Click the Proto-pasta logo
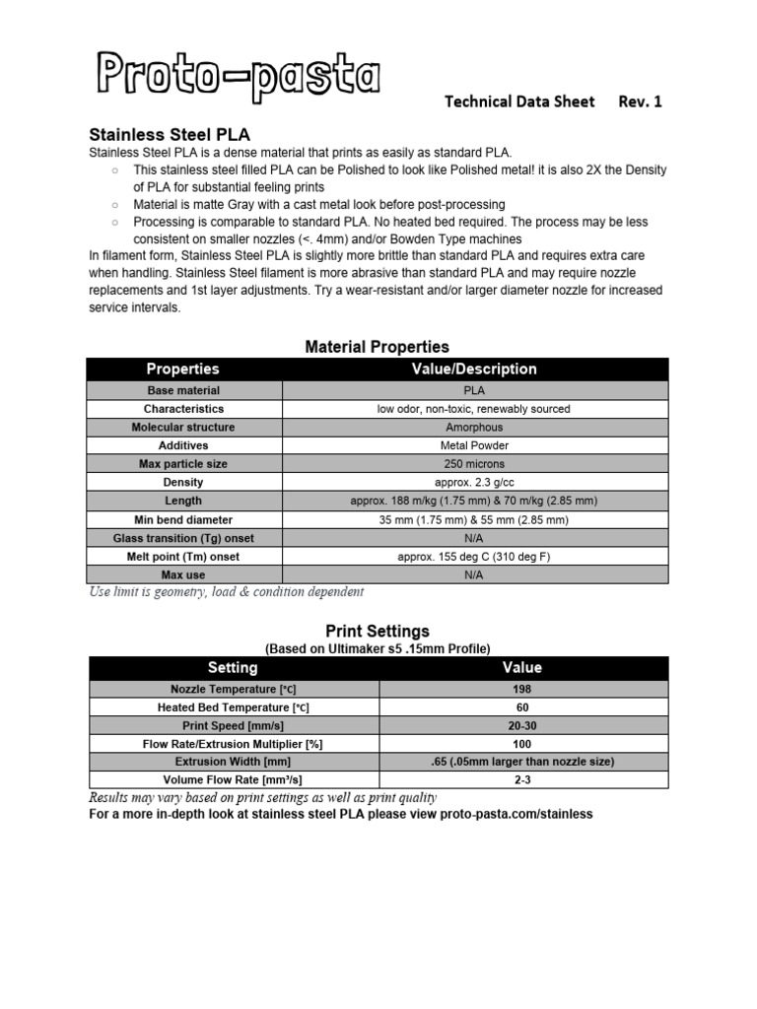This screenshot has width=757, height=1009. tap(238, 78)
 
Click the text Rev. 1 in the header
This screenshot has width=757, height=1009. tap(640, 101)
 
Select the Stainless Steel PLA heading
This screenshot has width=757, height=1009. tap(170, 134)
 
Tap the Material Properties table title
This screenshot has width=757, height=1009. tap(377, 347)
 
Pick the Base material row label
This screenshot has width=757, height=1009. tap(183, 390)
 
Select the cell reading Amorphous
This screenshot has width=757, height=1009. tap(473, 428)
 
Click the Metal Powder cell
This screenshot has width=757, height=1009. tap(473, 445)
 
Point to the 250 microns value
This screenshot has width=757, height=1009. tap(473, 464)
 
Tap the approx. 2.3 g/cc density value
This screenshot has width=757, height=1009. tap(473, 483)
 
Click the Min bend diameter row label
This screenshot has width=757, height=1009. tap(183, 519)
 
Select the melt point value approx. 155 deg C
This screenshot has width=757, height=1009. tap(473, 557)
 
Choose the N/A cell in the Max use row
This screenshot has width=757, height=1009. tap(473, 574)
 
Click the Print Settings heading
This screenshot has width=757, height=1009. tap(377, 631)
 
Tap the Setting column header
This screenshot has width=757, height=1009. tap(233, 668)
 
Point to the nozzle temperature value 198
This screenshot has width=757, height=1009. tap(521, 689)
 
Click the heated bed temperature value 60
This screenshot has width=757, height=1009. tap(521, 707)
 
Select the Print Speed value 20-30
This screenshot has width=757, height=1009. tap(521, 725)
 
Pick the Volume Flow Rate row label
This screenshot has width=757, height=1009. tap(233, 779)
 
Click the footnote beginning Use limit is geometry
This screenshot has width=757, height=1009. tap(226, 592)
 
